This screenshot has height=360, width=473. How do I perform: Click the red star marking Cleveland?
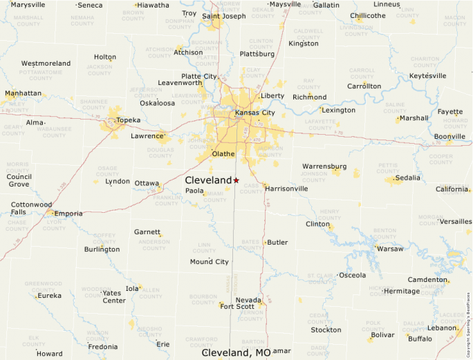[236, 180]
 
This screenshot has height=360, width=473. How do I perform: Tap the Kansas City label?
[254, 113]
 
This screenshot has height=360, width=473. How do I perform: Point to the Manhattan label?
[23, 93]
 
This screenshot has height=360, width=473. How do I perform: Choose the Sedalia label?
[407, 178]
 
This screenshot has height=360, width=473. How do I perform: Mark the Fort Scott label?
[237, 306]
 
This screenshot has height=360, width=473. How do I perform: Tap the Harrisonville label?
[286, 188]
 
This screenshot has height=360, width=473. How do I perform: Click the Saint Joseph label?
[223, 16]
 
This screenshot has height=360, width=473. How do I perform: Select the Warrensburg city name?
[324, 166]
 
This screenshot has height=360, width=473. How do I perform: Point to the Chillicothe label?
[368, 15]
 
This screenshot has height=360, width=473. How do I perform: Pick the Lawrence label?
[147, 136]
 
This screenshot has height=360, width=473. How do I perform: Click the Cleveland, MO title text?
[236, 352]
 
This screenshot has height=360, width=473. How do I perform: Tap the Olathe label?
[223, 153]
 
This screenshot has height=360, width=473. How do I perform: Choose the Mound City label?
[209, 262]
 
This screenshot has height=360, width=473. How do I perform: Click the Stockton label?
[326, 330]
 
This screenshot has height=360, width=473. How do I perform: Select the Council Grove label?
[19, 180]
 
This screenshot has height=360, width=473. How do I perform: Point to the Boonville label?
[449, 136]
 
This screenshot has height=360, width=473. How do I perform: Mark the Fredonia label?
[102, 347]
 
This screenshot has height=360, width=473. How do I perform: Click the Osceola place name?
[352, 275]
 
